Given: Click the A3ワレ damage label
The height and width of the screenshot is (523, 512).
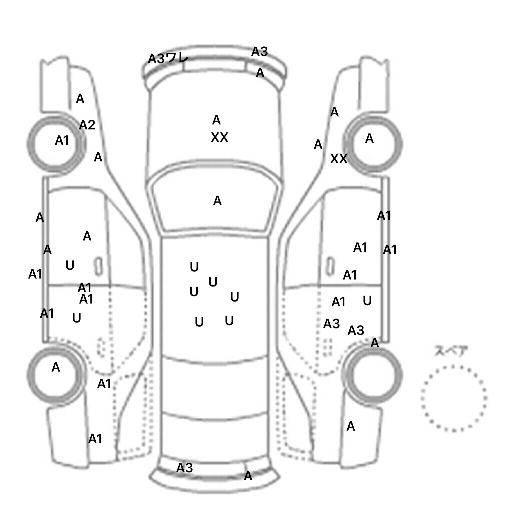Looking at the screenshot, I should point(168,59).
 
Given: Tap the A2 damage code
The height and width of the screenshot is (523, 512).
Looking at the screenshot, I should point(87,125).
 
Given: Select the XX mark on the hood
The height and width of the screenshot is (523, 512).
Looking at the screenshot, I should point(219,137).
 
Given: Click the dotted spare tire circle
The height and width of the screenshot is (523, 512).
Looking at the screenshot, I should point(454,398).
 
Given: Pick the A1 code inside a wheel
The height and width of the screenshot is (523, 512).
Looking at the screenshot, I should point(62,140).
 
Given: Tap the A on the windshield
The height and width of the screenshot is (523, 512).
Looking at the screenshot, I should point(217,201).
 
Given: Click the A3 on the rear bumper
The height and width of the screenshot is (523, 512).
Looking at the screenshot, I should point(185,468).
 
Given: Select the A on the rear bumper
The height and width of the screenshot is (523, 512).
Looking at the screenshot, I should point(248,476).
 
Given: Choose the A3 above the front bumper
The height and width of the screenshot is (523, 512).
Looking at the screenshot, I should point(259,52).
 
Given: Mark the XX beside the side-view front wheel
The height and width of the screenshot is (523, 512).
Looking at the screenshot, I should point(339,159).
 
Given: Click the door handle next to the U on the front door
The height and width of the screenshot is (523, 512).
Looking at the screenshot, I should point(98,266).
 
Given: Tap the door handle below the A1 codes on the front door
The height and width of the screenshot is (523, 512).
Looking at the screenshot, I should point(330,266).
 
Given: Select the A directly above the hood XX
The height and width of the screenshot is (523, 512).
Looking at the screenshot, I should point(216,120).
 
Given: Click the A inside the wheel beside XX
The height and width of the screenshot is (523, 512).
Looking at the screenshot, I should point(369,138).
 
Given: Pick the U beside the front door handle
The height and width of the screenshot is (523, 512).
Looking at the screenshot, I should point(70,266).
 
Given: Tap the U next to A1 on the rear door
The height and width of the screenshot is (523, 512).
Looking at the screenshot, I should point(367,301).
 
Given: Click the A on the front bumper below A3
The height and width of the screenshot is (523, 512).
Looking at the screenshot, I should point(260,73).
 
